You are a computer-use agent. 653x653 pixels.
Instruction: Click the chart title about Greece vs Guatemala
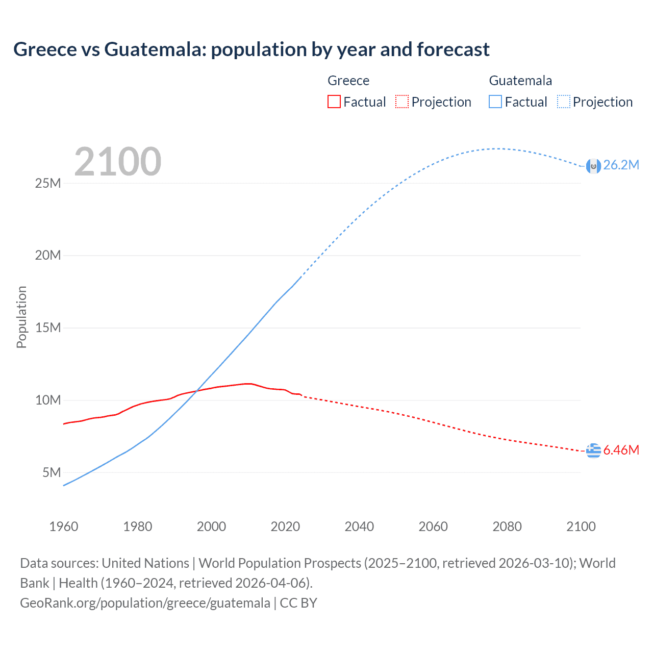(251, 49)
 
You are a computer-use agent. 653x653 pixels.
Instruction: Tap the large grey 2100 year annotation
(118, 162)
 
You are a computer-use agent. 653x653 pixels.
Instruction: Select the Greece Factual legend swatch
(334, 102)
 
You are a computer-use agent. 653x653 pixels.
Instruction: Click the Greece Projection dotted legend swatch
(402, 102)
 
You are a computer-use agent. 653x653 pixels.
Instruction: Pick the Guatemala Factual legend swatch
(495, 102)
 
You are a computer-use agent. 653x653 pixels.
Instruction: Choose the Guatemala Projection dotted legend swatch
(564, 102)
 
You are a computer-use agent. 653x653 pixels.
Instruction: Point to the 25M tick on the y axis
(48, 183)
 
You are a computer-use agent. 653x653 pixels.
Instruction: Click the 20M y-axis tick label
(48, 255)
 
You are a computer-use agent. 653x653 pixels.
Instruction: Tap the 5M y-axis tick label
(52, 472)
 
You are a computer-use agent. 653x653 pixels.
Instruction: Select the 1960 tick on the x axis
(64, 526)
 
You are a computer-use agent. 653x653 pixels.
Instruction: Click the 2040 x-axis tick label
(359, 526)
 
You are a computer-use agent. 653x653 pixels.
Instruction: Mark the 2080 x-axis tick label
(507, 526)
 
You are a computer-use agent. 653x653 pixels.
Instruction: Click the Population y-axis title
(21, 317)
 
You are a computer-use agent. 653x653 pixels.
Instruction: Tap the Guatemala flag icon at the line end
(593, 166)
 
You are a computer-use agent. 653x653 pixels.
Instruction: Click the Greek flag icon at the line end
(593, 451)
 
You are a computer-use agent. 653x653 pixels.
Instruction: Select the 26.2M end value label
(621, 165)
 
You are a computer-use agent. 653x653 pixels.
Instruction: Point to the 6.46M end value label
(621, 450)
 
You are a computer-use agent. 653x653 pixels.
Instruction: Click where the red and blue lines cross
(198, 391)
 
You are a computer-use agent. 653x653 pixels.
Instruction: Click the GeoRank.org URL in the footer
(145, 603)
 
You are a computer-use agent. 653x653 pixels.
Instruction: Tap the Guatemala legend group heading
(520, 81)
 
